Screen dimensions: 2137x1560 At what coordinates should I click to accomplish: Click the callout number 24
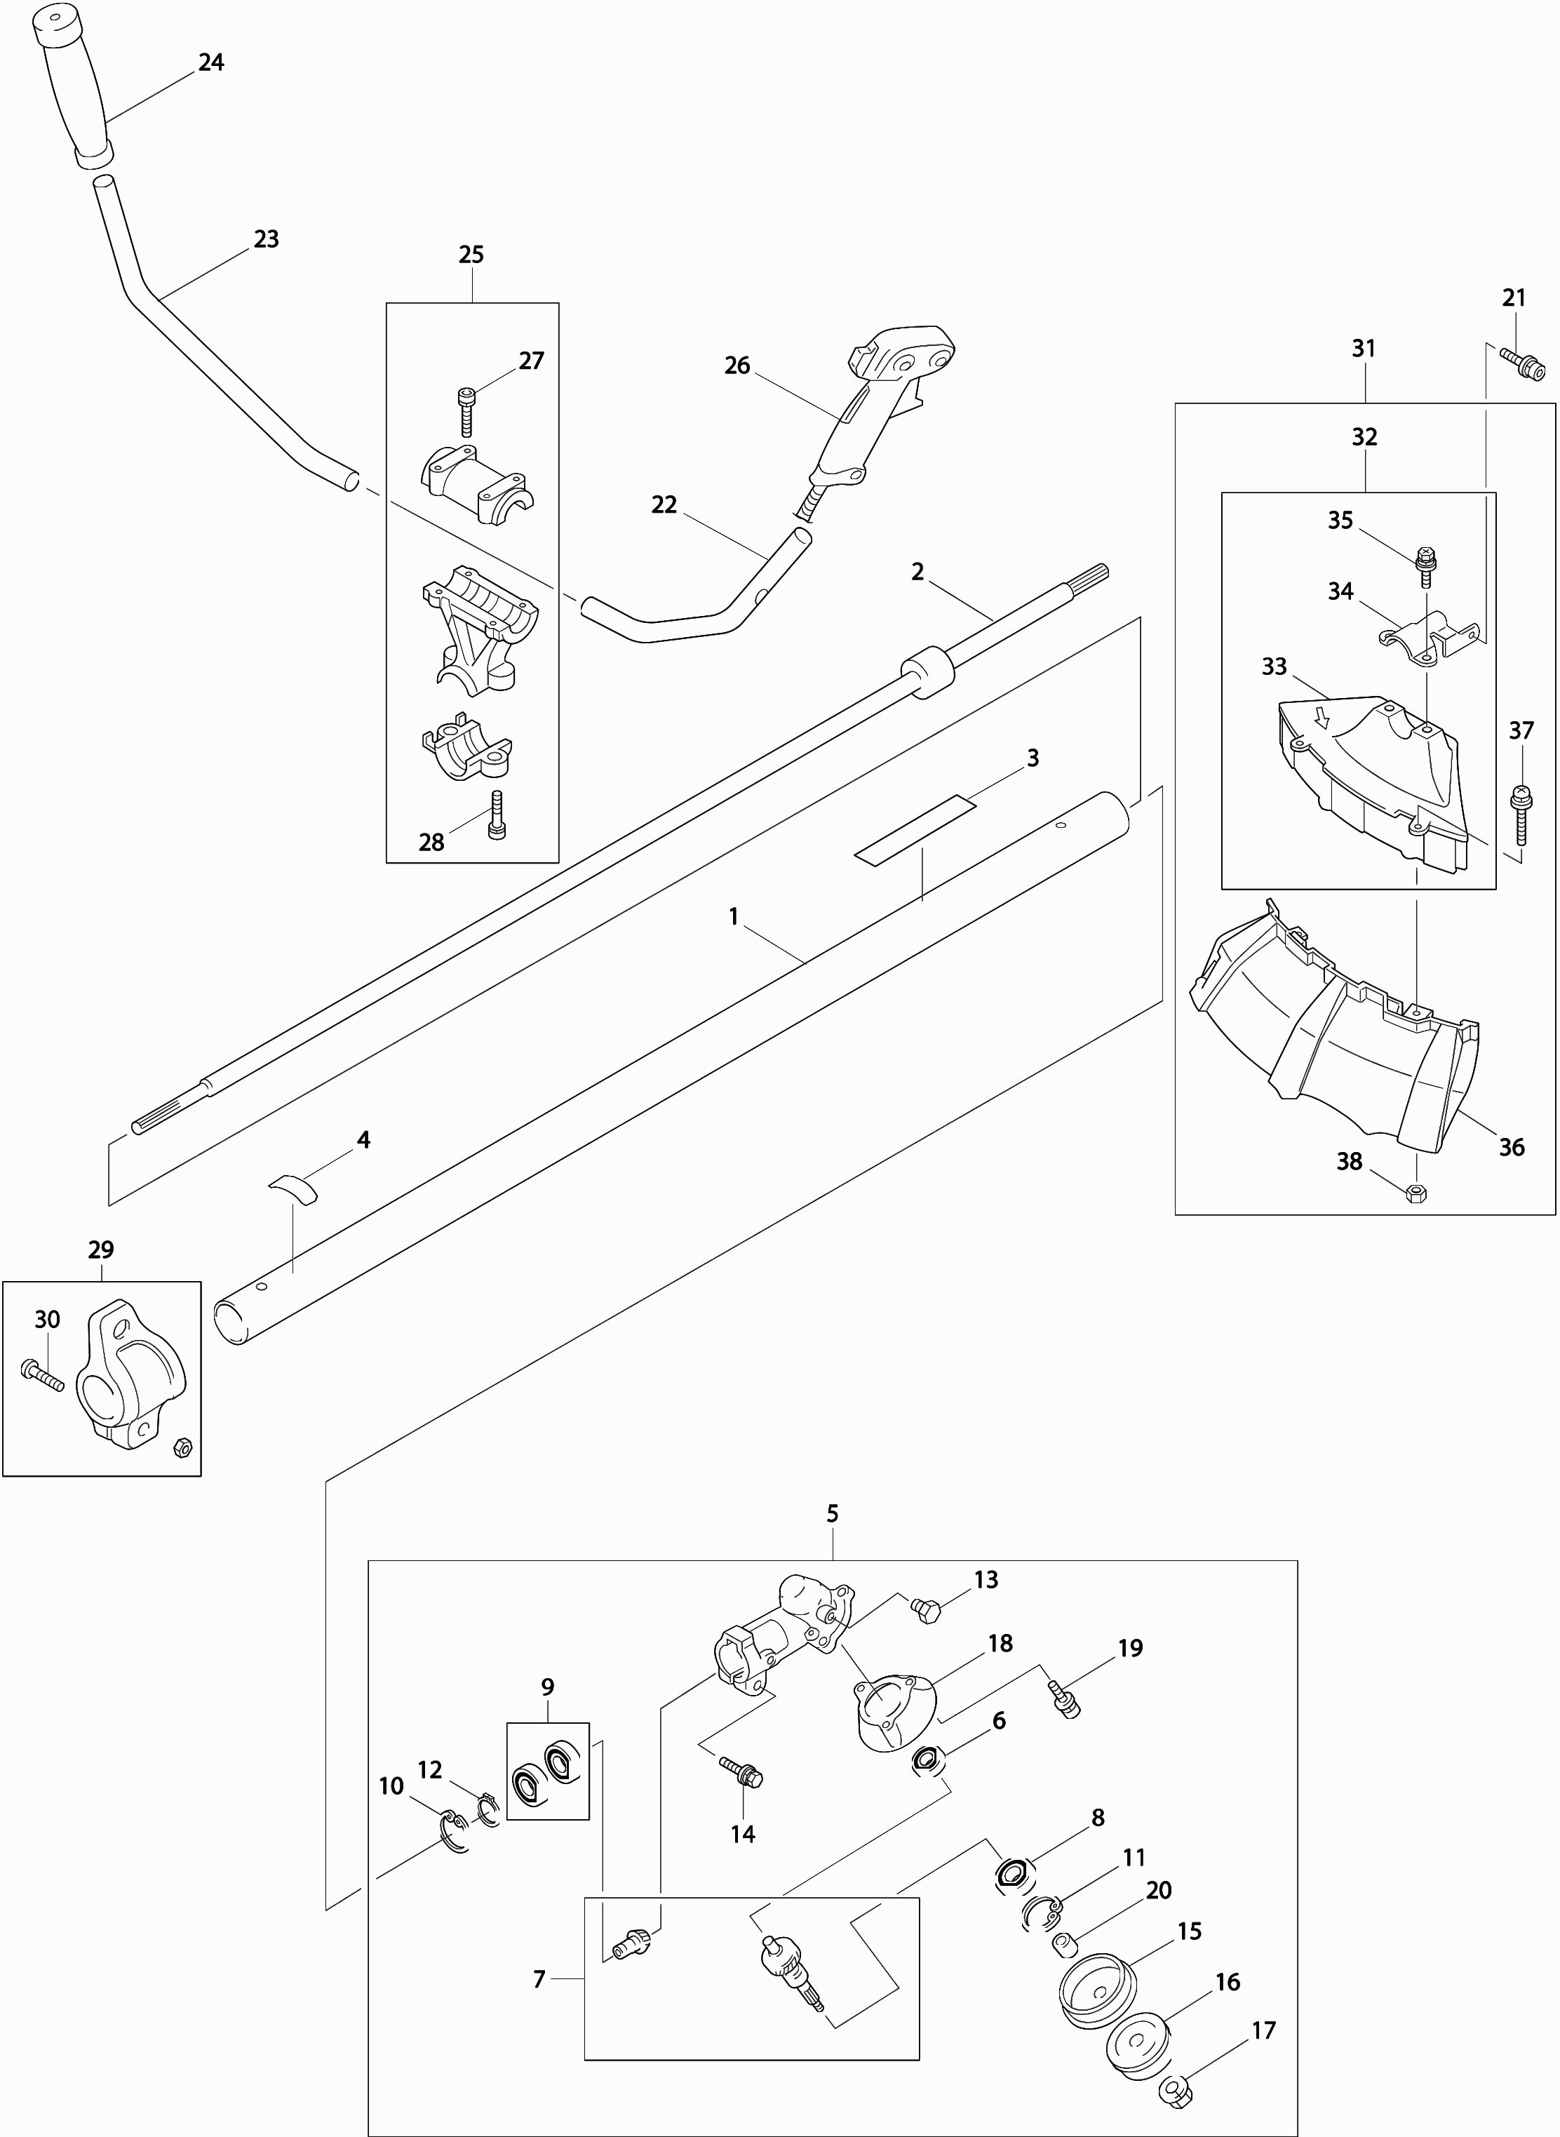[210, 62]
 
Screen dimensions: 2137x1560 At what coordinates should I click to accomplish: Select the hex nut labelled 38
[1416, 1193]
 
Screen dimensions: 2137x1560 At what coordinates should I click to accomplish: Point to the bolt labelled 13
[927, 1608]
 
